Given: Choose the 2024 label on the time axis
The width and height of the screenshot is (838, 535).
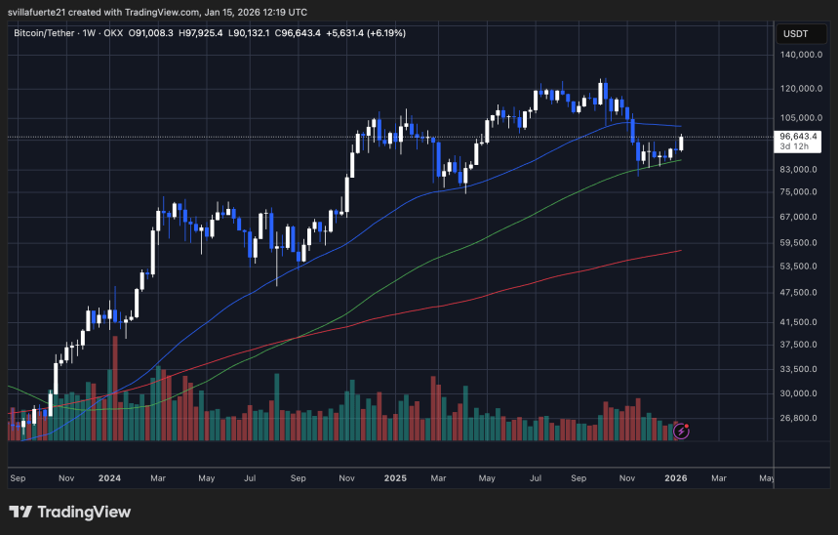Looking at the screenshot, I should tap(109, 478).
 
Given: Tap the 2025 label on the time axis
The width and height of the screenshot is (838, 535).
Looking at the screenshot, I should tap(395, 478).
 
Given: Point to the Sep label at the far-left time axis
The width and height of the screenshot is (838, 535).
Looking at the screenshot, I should tap(17, 478).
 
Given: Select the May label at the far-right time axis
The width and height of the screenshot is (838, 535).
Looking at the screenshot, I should tap(766, 478).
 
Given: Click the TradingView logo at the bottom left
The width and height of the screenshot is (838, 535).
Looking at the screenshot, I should tap(69, 512).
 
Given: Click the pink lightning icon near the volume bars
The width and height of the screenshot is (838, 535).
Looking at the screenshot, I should tap(682, 429).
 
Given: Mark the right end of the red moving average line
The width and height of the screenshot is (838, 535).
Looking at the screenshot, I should tap(680, 251).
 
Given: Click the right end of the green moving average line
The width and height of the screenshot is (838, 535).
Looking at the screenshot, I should tap(680, 160).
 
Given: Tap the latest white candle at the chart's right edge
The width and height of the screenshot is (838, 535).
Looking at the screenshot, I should tap(681, 143).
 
